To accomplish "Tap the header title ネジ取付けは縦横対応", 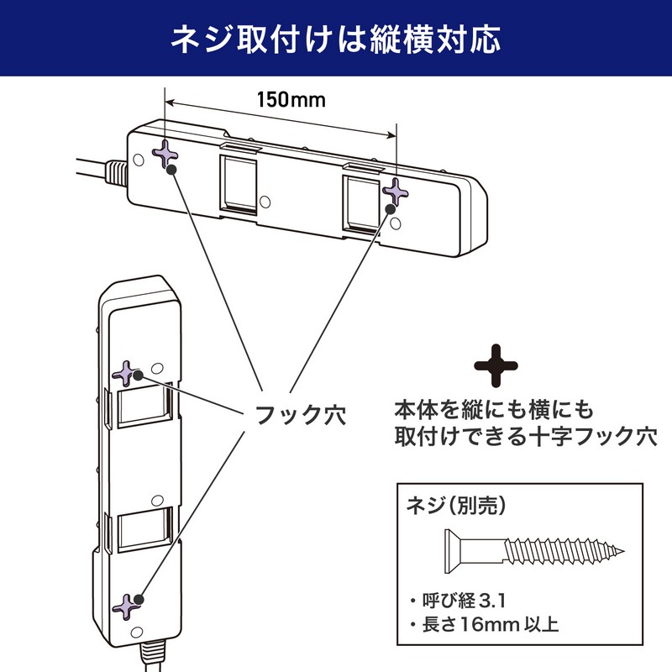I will pos(336,39).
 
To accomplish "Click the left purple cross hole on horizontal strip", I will pos(165,153).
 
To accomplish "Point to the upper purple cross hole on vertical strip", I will pos(127,374).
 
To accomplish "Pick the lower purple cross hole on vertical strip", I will pos(129,605).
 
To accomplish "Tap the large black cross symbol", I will pos(496,364).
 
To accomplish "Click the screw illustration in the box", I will pos(533,551).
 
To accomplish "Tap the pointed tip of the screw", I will pos(624,552).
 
